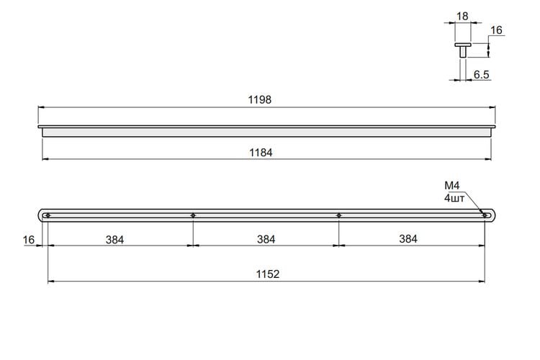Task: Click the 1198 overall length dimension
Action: click(260, 100)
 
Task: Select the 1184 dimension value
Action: click(261, 153)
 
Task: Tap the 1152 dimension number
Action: click(268, 274)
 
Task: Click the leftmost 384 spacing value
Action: click(114, 240)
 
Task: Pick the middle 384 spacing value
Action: click(266, 239)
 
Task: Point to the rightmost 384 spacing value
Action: click(408, 239)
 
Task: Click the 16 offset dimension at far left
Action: click(29, 240)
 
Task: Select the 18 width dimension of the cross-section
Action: click(462, 16)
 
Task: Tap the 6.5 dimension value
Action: click(481, 74)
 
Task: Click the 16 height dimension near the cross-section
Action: click(496, 30)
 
